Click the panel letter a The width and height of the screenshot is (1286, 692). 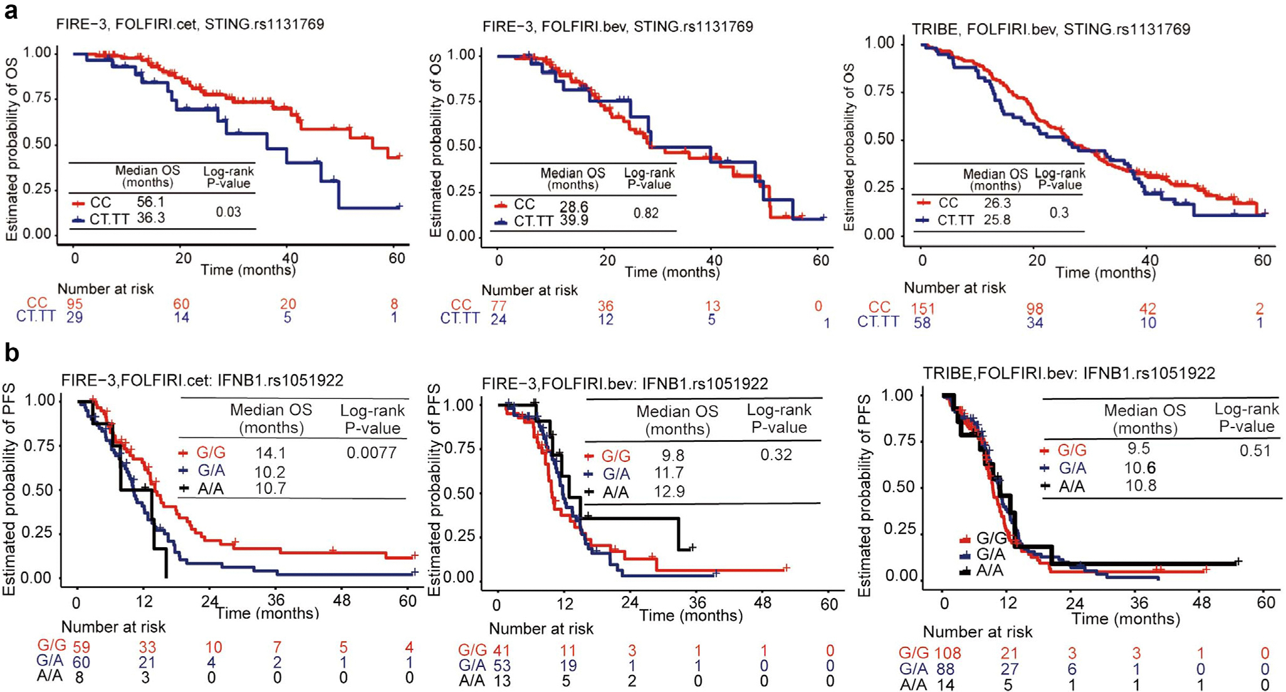coord(11,11)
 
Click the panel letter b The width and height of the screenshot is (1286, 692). coord(11,354)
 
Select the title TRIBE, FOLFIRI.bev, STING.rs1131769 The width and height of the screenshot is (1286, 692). coord(1050,29)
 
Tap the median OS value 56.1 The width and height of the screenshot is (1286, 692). coord(150,202)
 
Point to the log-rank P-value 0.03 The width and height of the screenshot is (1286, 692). coord(228,212)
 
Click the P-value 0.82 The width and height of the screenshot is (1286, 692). coord(646,213)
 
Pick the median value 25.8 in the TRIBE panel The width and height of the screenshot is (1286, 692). coord(996,220)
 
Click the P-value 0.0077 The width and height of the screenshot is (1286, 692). coord(372,453)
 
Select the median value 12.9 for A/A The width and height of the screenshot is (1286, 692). coord(669,491)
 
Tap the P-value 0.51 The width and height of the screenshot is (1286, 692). coord(1255,451)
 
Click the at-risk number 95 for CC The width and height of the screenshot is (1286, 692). coord(75,304)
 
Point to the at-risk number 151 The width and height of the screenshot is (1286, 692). coord(922,308)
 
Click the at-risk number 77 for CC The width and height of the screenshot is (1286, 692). coord(498,306)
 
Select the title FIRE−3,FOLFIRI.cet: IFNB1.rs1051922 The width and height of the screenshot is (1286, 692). coord(202,380)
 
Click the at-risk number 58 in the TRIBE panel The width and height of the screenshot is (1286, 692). coord(922,323)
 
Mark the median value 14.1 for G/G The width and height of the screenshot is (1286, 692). coord(270,453)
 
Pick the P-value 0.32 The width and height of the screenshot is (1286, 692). coord(776,455)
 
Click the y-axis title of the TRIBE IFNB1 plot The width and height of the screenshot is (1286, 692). coord(864,495)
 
